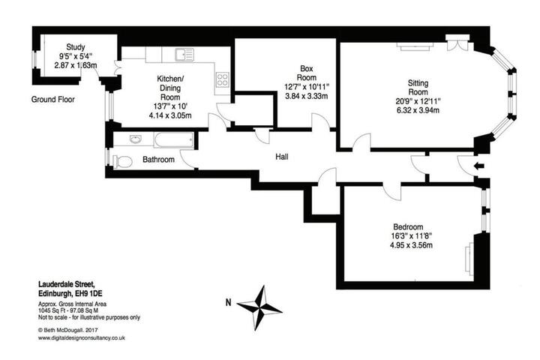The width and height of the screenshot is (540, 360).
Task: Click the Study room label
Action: pyautogui.click(x=76, y=46)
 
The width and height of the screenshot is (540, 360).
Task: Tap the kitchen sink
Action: pyautogui.click(x=184, y=55)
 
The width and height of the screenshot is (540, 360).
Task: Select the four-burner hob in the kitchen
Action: pyautogui.click(x=222, y=79)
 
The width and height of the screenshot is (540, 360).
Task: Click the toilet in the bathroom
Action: pyautogui.click(x=122, y=161)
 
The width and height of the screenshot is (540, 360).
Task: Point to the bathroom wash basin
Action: pyautogui.click(x=136, y=139)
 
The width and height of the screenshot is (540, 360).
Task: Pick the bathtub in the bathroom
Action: pyautogui.click(x=174, y=140)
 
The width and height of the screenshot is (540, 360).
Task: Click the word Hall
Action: pyautogui.click(x=282, y=157)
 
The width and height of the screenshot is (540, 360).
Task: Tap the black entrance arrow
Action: pyautogui.click(x=479, y=166)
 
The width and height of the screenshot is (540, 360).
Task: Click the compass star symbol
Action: pyautogui.click(x=259, y=307)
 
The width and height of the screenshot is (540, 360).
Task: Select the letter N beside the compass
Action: pyautogui.click(x=228, y=303)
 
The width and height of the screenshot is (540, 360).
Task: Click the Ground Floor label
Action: pyautogui.click(x=53, y=100)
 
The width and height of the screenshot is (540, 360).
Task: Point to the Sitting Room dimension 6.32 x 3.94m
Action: pyautogui.click(x=418, y=110)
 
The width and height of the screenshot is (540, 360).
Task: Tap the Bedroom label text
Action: pyautogui.click(x=408, y=227)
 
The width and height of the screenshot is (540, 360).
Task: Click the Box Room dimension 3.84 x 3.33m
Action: pyautogui.click(x=307, y=96)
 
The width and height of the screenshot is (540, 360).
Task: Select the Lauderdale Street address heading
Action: pyautogui.click(x=66, y=284)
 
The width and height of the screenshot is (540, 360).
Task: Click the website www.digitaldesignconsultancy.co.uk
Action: pyautogui.click(x=82, y=338)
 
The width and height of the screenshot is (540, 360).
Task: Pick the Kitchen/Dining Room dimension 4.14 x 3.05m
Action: pyautogui.click(x=170, y=115)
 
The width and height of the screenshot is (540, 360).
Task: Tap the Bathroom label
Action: pyautogui.click(x=158, y=160)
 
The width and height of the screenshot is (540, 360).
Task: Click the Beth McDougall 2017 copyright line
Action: pyautogui.click(x=67, y=330)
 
